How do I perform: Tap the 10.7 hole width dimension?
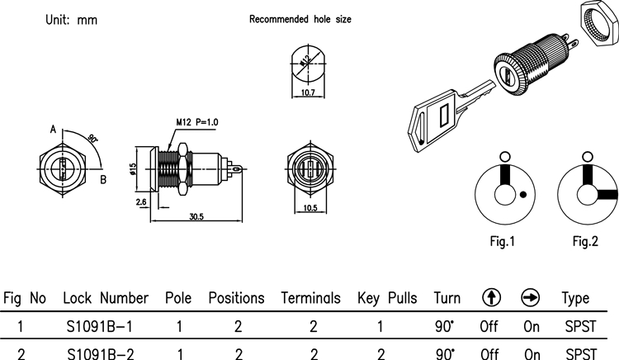point(309,94)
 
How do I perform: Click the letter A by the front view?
point(53,130)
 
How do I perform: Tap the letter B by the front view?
point(103,178)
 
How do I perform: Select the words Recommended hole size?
point(300,18)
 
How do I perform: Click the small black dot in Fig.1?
point(523,195)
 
